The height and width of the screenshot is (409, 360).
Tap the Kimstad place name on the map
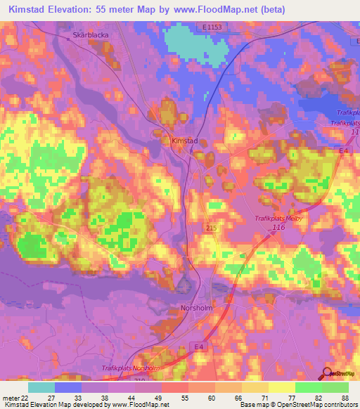coord(185,141)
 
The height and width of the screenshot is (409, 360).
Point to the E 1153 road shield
coord(206,27)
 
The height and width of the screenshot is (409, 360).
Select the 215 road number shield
coord(210,229)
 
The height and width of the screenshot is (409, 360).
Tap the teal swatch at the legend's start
coord(41,387)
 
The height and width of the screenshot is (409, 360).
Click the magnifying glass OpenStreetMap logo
coord(328,373)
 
